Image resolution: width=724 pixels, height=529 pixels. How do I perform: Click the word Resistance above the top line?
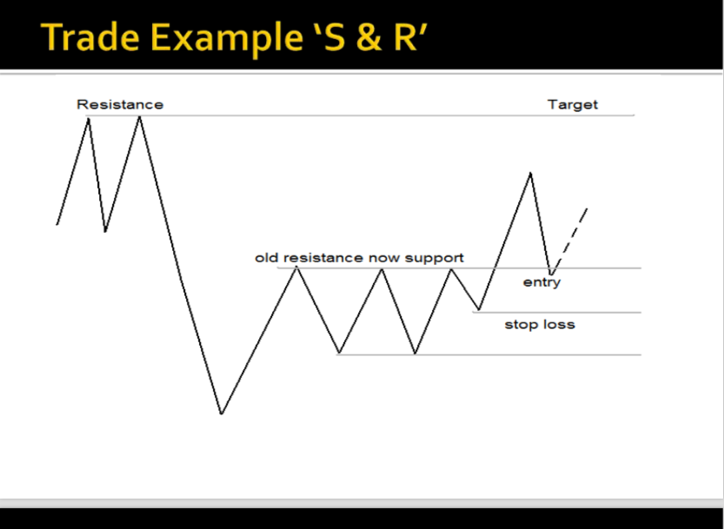coord(120,105)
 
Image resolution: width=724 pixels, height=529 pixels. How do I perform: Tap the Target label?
coord(573,105)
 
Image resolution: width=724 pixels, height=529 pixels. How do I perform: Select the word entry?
coord(541,282)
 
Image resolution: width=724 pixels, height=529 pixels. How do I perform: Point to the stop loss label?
coord(540,325)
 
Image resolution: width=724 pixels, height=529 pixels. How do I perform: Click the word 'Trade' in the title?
coord(90,37)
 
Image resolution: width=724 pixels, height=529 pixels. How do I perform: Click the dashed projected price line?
coord(569,241)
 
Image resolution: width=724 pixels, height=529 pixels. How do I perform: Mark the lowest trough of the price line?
coord(222,413)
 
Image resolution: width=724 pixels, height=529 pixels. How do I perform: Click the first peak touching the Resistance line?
coord(89,119)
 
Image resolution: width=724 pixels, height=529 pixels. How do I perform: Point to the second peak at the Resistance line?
coord(140,116)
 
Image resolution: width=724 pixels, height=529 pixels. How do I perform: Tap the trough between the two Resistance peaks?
coord(105,231)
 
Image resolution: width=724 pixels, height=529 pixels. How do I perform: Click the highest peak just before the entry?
coord(530,173)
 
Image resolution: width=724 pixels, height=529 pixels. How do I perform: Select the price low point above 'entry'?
coord(550,274)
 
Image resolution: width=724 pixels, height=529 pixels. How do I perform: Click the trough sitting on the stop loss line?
coord(479,310)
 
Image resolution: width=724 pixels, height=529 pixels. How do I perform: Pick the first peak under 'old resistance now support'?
coord(296,268)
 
